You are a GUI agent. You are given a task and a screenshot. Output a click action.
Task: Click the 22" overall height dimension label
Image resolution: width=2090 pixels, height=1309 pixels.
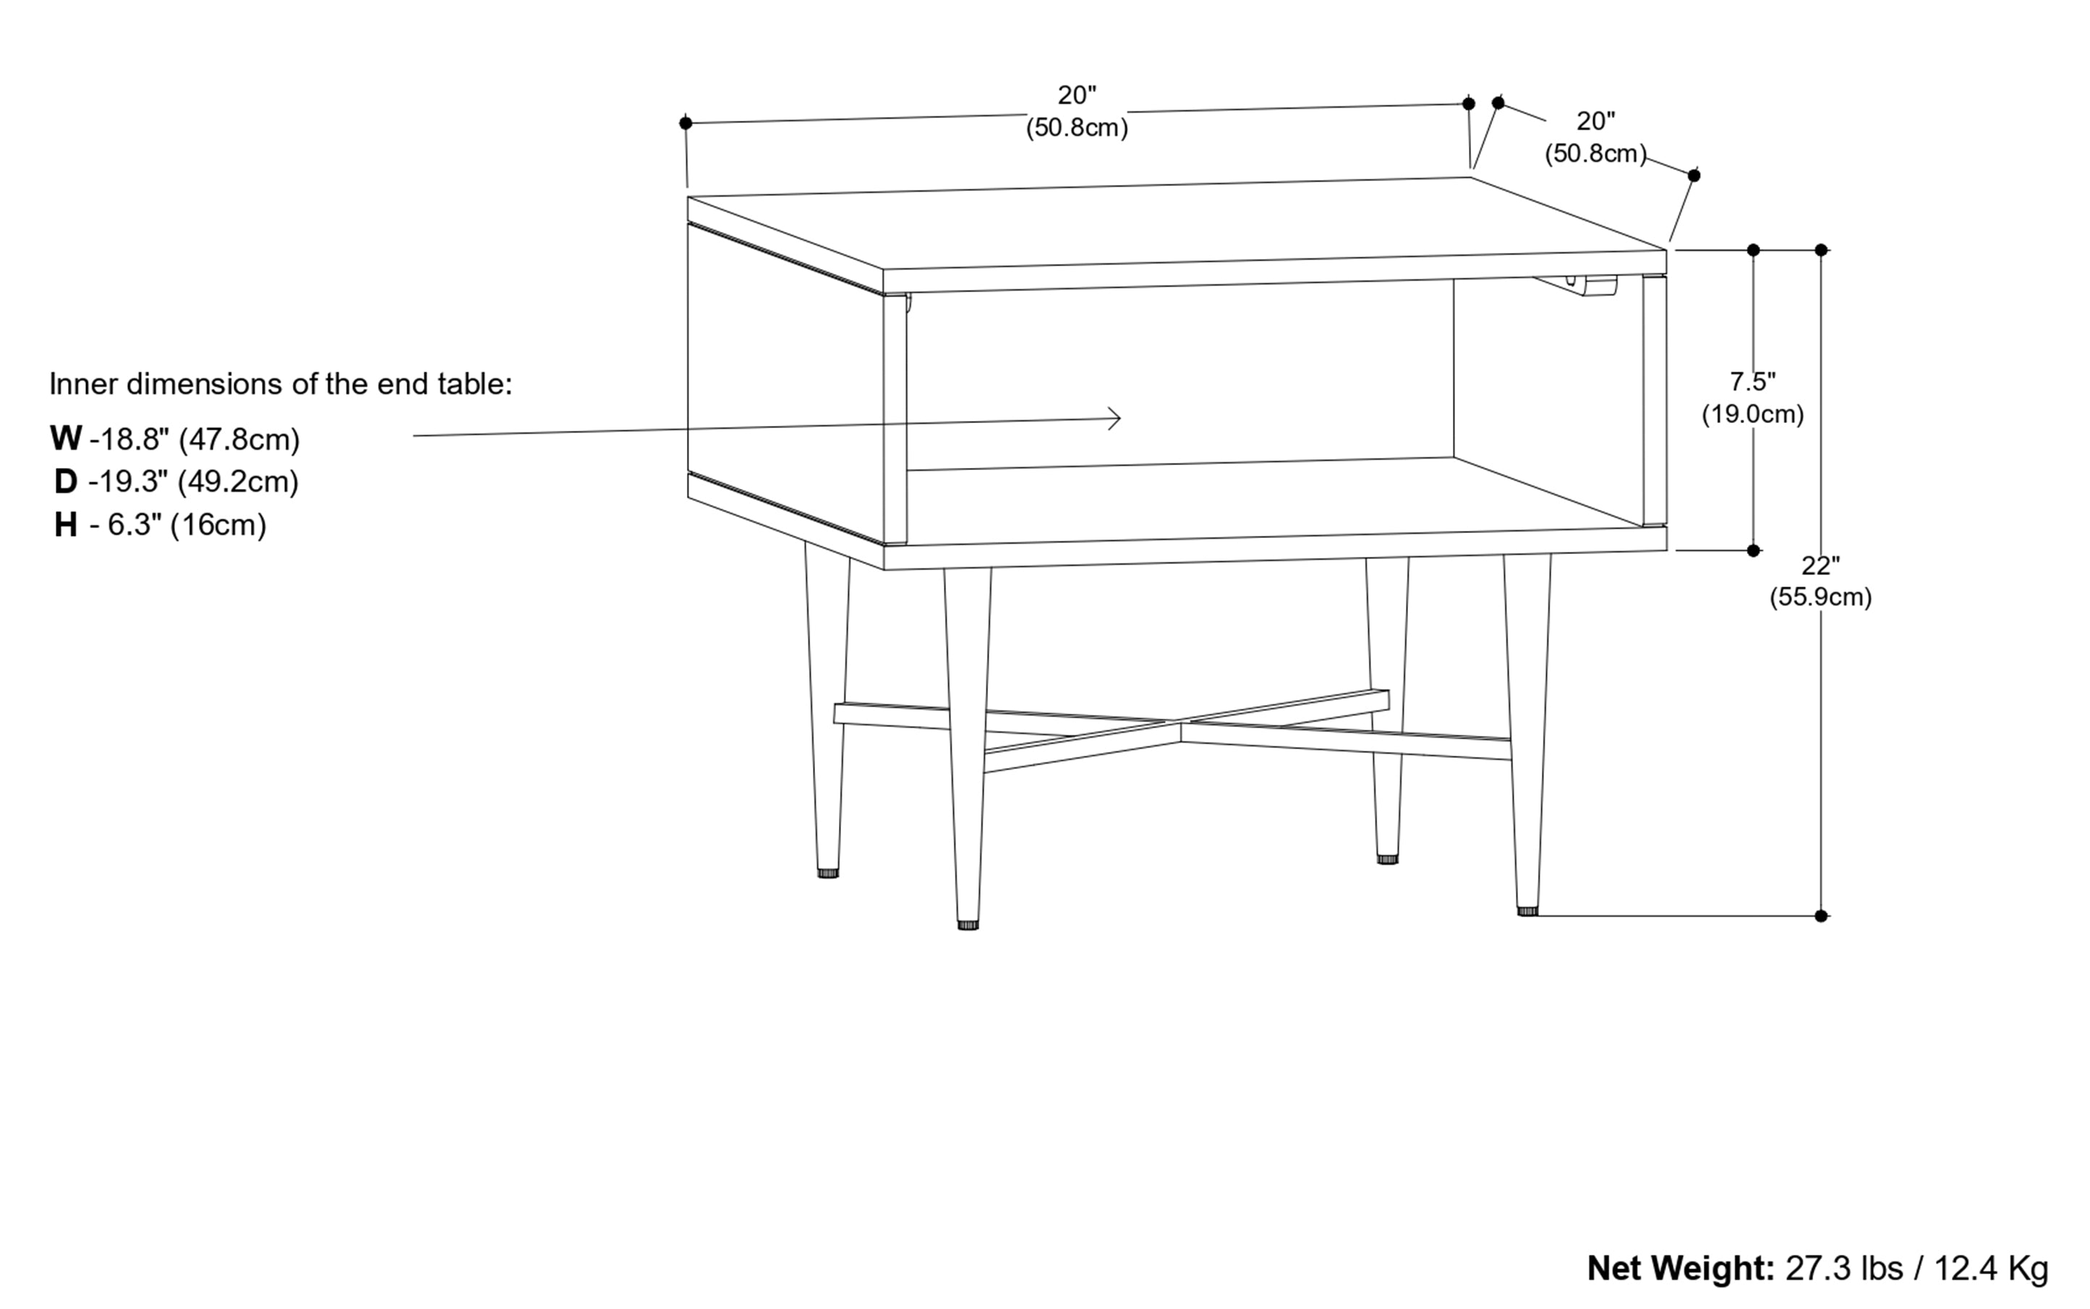(1820, 566)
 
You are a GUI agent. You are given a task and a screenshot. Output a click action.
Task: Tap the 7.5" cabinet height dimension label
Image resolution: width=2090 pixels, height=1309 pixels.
(1752, 381)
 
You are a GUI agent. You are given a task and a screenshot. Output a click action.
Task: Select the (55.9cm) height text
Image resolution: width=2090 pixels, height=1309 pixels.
(1820, 597)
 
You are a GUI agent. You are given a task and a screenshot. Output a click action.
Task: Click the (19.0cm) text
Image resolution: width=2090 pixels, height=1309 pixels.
(1752, 414)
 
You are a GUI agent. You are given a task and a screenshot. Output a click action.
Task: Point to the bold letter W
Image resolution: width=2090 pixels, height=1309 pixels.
(65, 439)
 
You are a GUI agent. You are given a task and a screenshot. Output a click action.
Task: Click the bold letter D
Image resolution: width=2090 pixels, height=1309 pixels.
(65, 482)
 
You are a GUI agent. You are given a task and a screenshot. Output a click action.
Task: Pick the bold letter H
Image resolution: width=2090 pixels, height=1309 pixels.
(65, 524)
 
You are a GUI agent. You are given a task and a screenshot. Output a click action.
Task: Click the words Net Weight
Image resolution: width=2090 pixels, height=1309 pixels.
(1680, 1269)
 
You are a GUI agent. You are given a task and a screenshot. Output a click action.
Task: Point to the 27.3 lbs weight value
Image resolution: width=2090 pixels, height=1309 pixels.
(1844, 1269)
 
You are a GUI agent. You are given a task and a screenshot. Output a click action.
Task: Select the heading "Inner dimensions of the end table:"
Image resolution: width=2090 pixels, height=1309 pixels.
(281, 383)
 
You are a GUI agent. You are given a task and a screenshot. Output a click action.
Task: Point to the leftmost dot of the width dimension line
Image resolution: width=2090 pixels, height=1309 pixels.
(686, 123)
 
